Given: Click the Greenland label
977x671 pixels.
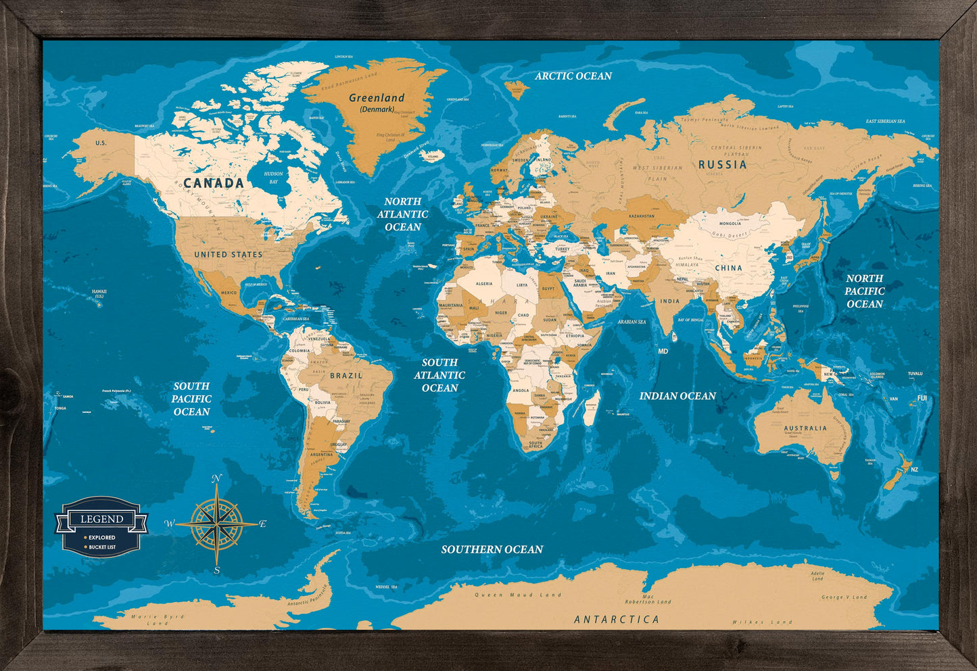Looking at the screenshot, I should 377,98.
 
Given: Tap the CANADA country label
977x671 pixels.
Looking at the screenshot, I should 214,183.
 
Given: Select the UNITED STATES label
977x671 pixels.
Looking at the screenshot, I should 229,255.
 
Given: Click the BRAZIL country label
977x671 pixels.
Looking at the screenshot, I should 346,375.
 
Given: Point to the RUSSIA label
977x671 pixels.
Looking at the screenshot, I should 723,165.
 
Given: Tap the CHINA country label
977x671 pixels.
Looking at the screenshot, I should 728,268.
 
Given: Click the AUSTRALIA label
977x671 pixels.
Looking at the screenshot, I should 805,428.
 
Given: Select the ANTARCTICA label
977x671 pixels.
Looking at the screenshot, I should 616,619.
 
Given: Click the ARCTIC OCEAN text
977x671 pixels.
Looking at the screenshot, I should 573,76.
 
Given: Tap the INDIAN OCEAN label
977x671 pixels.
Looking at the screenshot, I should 677,396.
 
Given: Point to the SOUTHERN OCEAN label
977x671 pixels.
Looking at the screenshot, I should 492,549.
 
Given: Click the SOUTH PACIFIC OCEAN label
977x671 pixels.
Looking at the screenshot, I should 191,399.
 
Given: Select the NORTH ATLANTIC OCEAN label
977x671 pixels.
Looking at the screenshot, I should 403,214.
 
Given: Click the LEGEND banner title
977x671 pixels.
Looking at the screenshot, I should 101,519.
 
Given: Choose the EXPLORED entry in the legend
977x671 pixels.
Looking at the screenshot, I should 101,538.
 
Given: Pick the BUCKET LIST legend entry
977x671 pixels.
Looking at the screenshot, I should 101,547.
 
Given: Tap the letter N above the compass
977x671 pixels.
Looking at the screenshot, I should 216,479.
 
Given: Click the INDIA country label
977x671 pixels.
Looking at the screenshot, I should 669,301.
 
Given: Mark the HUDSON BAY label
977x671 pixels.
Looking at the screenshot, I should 274,178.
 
